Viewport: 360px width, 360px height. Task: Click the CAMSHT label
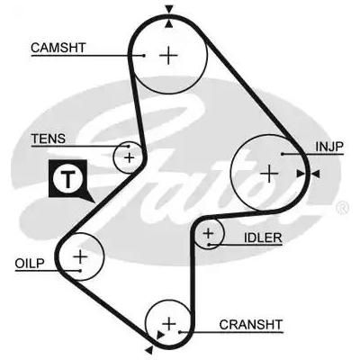coord(58,48)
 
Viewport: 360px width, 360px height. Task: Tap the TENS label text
coord(49,139)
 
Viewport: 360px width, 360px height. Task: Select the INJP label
coord(329,147)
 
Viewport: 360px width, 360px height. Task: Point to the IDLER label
coord(263,238)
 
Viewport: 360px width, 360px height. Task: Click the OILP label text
coord(30,264)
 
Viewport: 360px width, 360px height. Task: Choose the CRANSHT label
coord(251,325)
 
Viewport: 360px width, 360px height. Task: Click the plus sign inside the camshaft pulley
coord(168,56)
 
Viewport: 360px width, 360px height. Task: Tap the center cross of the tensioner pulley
coord(130,157)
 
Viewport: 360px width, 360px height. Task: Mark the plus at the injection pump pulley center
coord(269,174)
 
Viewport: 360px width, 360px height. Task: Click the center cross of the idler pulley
coord(208,233)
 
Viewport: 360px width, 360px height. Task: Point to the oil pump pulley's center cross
coord(80,257)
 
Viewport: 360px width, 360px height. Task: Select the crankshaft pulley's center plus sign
coord(170,324)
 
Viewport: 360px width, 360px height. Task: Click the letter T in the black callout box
coord(68,179)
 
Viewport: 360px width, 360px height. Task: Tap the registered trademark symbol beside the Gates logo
coord(343,208)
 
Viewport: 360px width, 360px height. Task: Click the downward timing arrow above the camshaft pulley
coord(169,9)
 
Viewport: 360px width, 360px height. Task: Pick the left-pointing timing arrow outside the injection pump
coord(316,174)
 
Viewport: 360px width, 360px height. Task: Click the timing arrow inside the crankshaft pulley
coord(160,335)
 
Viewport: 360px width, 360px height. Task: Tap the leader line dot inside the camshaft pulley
coord(144,55)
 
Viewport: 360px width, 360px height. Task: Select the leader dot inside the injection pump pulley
coord(283,154)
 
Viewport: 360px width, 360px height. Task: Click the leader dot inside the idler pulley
coord(209,245)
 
